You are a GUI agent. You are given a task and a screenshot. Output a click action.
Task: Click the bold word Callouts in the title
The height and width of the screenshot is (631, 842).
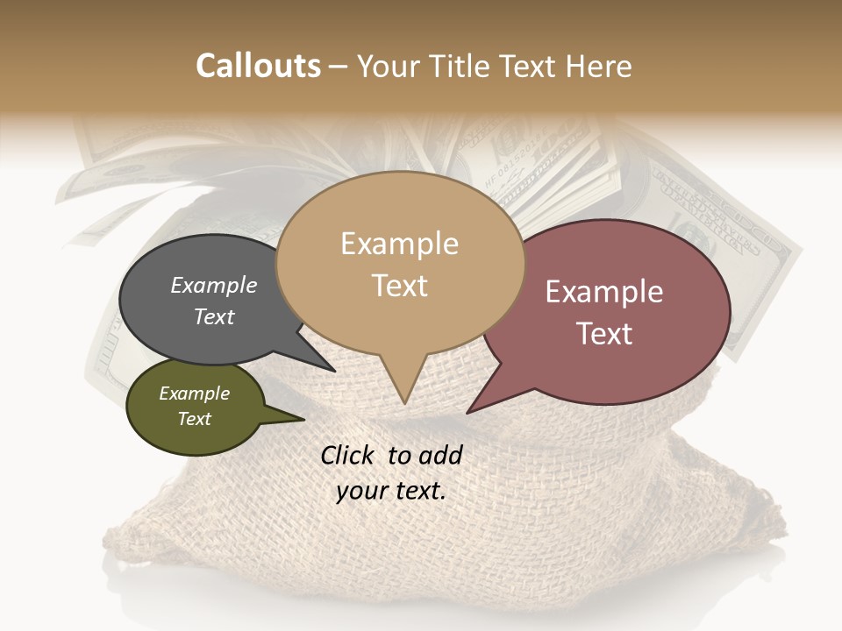[x=258, y=66]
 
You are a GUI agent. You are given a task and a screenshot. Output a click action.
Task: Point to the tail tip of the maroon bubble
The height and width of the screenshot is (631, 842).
[x=469, y=411]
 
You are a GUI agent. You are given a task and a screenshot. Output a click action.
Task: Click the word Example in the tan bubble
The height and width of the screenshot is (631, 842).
[x=400, y=244]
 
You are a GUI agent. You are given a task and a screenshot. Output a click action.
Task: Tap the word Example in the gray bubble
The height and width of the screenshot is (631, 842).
[x=213, y=285]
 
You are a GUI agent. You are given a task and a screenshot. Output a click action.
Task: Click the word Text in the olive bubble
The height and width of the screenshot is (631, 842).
[x=195, y=419]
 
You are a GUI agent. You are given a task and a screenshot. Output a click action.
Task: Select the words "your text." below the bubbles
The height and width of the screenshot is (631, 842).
[x=391, y=491]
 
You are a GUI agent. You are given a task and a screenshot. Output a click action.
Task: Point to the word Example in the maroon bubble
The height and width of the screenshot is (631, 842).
[x=603, y=292]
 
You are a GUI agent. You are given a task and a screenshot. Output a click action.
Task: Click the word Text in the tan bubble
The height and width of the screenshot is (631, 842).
[x=400, y=286]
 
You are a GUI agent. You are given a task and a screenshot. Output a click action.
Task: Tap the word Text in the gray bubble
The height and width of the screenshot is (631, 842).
[x=213, y=316]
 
